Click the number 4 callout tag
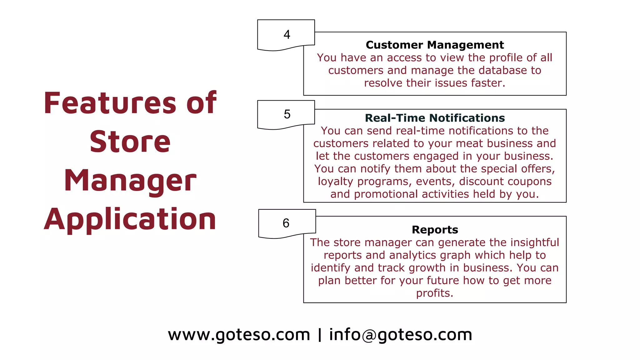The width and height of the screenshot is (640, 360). click(x=286, y=34)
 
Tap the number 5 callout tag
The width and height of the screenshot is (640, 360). click(x=286, y=114)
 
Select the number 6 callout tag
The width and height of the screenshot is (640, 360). click(x=286, y=223)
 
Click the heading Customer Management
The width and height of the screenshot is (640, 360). click(x=435, y=45)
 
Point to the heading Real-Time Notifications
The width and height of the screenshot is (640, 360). click(x=435, y=118)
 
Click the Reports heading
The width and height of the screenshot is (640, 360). click(x=435, y=230)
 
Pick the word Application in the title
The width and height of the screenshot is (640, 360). click(x=130, y=219)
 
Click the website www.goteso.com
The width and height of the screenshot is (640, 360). click(x=239, y=335)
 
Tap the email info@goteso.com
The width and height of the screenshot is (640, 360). click(x=401, y=335)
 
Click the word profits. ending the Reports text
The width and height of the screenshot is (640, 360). click(x=434, y=293)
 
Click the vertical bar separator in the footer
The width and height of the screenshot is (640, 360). click(x=319, y=335)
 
